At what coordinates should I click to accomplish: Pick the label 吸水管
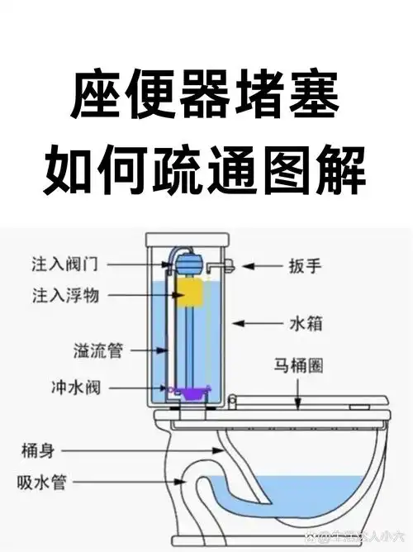pyautogui.click(x=41, y=481)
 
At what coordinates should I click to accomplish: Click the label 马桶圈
pyautogui.click(x=301, y=364)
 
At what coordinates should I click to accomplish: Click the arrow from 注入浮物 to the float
pyautogui.click(x=149, y=294)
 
